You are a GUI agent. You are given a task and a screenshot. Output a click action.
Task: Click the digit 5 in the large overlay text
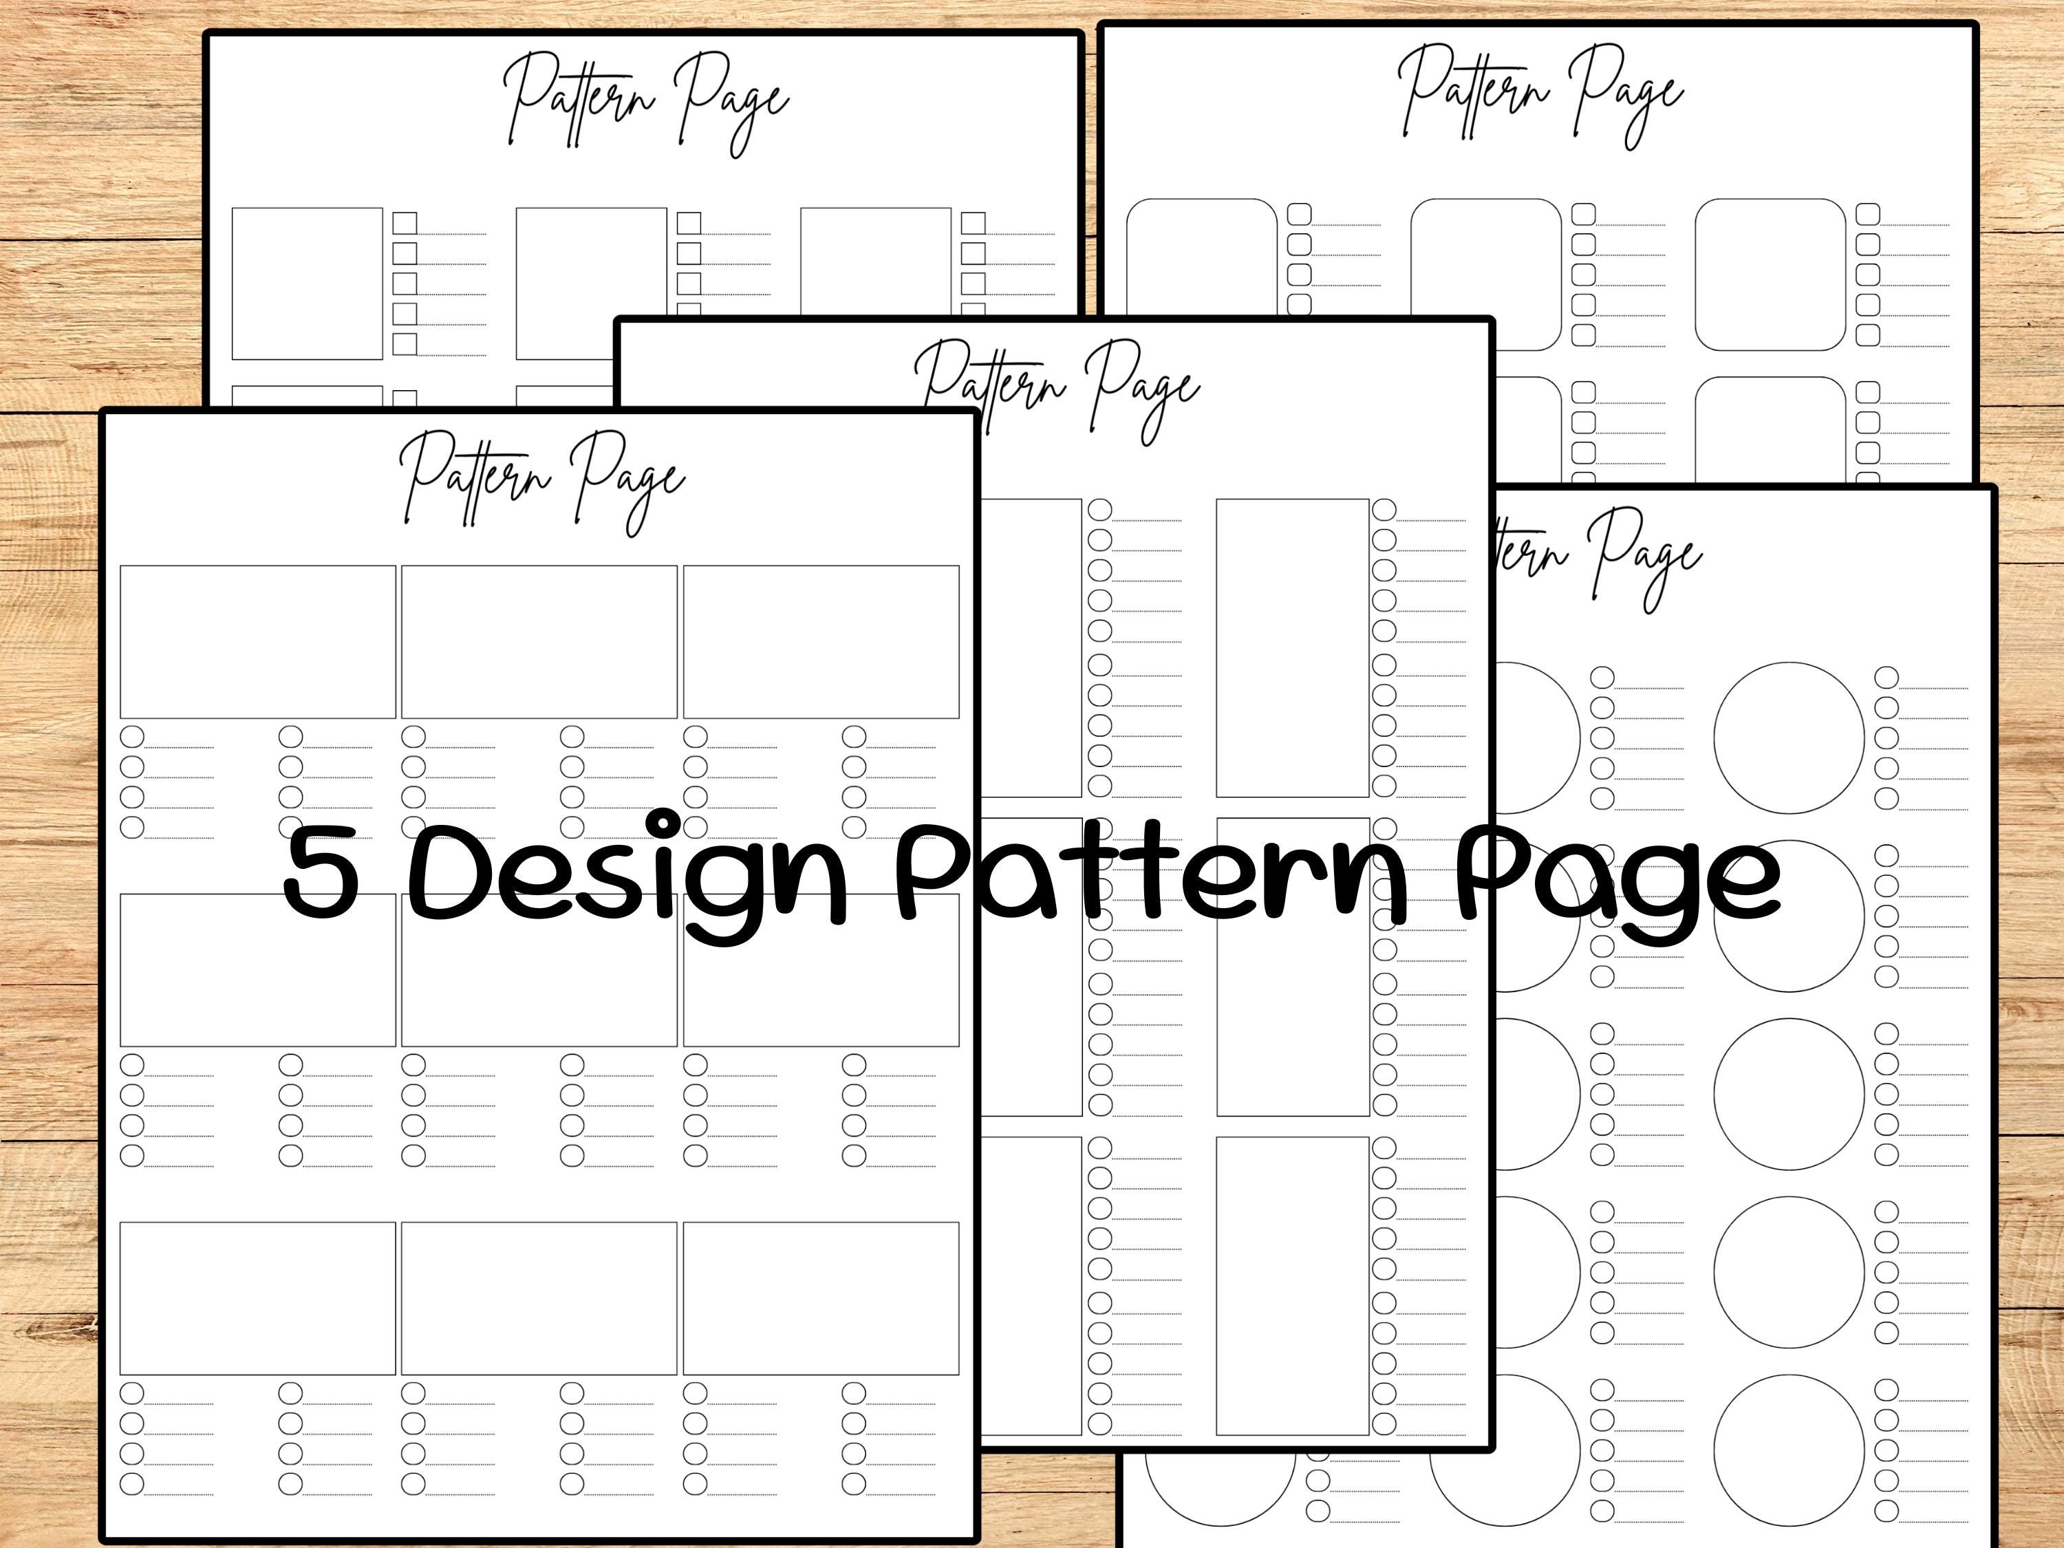(322, 873)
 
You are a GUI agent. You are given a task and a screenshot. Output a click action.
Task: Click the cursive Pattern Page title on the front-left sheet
(541, 480)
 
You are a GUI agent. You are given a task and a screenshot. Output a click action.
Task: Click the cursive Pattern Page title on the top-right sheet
(1540, 94)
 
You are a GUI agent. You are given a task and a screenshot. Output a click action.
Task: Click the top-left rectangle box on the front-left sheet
(257, 642)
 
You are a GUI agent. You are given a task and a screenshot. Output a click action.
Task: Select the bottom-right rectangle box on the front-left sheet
(820, 1298)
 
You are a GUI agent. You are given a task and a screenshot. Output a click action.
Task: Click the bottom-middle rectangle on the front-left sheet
(539, 1298)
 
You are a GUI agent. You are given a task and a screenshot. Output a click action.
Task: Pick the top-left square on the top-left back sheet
(307, 283)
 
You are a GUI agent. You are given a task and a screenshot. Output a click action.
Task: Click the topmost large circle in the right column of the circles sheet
(1789, 737)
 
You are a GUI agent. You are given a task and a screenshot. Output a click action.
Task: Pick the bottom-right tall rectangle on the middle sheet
(1292, 1285)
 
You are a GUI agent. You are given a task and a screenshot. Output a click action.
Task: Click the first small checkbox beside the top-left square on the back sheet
(404, 223)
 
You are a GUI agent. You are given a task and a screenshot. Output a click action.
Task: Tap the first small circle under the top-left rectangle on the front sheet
(133, 736)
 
